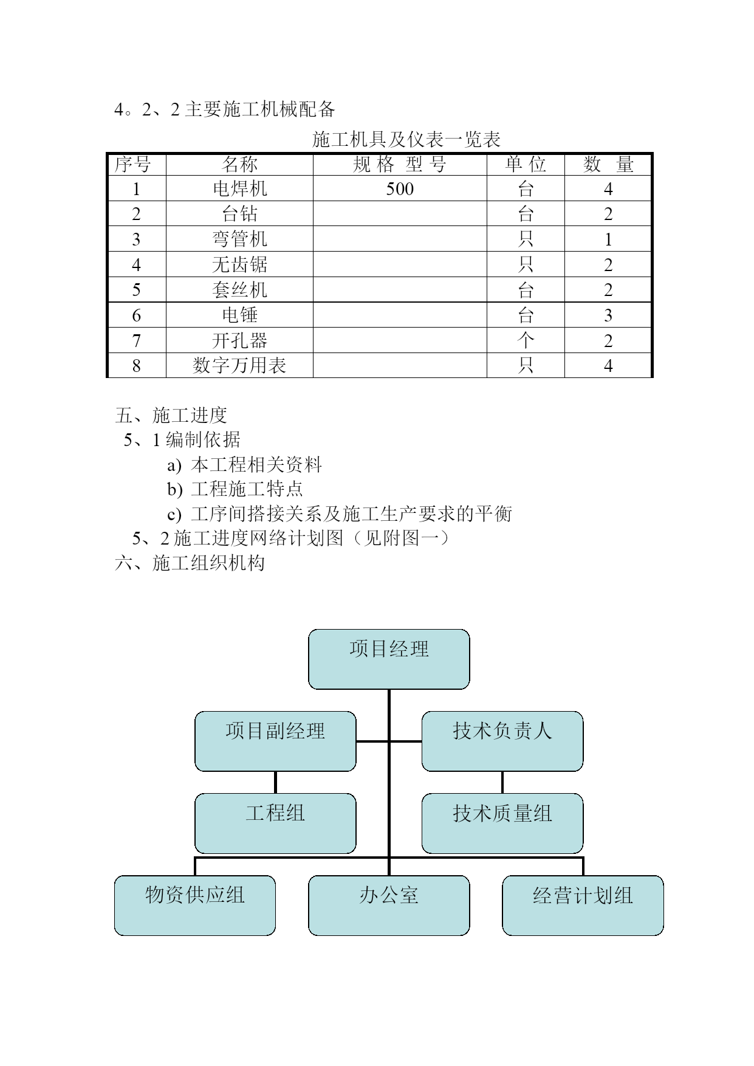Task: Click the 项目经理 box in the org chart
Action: tap(389, 659)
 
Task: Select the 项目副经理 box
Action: tap(275, 741)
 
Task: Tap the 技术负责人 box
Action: tap(502, 741)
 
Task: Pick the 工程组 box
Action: tap(275, 823)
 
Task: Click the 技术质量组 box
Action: tap(502, 823)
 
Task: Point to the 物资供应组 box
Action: tap(195, 905)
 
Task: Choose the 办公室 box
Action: tap(389, 905)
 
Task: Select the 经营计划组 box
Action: tap(583, 905)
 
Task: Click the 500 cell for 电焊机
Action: tap(400, 188)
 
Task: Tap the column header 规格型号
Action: tap(400, 164)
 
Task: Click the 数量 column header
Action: tap(608, 164)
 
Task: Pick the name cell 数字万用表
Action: tap(239, 365)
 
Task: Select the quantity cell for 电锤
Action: tap(608, 315)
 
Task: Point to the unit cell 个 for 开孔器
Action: tap(526, 340)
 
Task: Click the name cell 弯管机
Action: tap(239, 239)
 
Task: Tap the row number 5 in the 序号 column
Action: tap(136, 290)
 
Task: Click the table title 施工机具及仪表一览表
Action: tap(406, 139)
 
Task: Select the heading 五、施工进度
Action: tap(171, 415)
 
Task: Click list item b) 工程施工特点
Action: tap(235, 489)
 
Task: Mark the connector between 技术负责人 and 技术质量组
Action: tap(502, 782)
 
